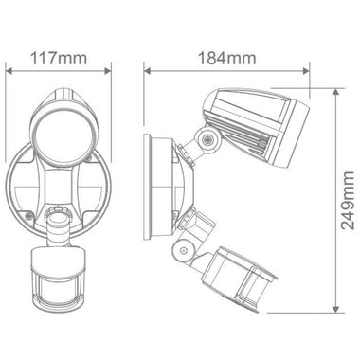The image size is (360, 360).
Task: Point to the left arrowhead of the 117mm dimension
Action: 9,71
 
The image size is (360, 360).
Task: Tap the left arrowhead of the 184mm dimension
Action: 146,71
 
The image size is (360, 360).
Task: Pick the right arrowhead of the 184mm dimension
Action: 312,71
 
